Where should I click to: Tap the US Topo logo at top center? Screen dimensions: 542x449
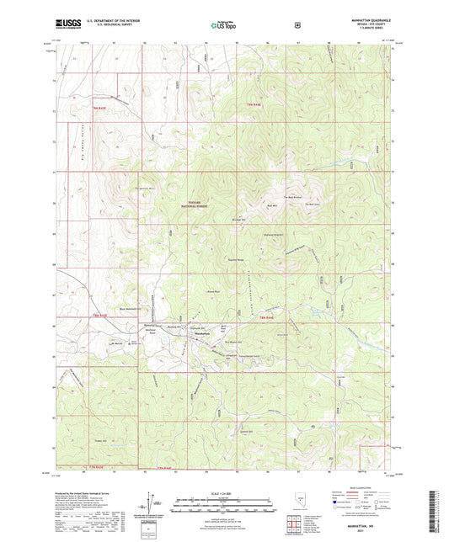223,25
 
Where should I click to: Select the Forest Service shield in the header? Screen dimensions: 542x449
297,24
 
